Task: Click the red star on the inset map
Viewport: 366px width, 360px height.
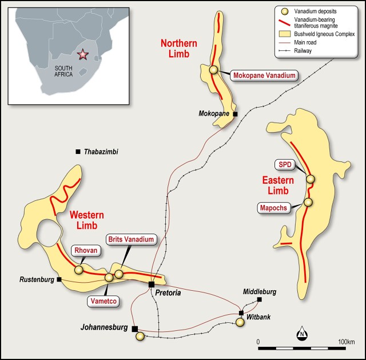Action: point(83,55)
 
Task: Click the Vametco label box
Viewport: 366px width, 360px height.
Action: point(103,300)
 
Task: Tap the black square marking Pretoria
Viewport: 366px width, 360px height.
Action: point(152,284)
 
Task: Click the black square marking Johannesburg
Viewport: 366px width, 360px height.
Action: point(134,329)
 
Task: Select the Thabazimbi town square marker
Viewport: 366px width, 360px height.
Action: point(78,151)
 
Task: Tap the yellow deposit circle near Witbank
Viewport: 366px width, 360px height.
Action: point(240,322)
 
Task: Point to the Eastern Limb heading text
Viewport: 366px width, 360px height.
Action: point(278,185)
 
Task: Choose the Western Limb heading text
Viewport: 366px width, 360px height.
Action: point(87,220)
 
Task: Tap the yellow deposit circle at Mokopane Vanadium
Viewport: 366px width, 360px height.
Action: point(214,70)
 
